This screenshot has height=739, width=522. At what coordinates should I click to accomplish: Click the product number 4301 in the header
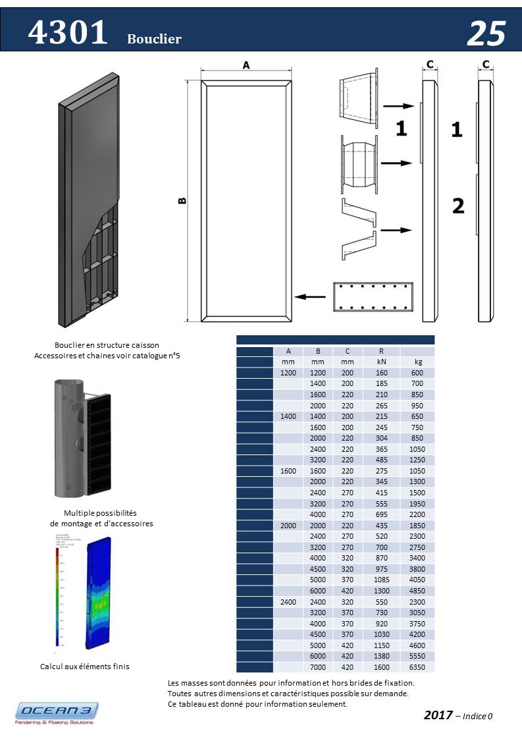coord(68,32)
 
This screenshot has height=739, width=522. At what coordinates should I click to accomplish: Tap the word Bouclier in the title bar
coord(154,39)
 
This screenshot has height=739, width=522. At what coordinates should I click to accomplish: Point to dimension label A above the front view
coord(246,65)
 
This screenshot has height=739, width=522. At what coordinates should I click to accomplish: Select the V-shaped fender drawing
coord(358,229)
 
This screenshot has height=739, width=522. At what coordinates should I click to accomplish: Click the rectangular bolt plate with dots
coord(373,297)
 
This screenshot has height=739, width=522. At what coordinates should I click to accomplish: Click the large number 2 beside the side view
coord(458,206)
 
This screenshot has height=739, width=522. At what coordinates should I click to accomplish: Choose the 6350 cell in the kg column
coord(418,667)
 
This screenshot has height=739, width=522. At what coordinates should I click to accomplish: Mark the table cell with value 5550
coord(418,656)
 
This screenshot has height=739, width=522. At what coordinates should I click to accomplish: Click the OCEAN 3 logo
coord(57,713)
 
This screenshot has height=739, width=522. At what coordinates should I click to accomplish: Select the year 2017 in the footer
coord(438,715)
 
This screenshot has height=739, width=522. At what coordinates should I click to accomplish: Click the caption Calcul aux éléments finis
coord(85,667)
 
